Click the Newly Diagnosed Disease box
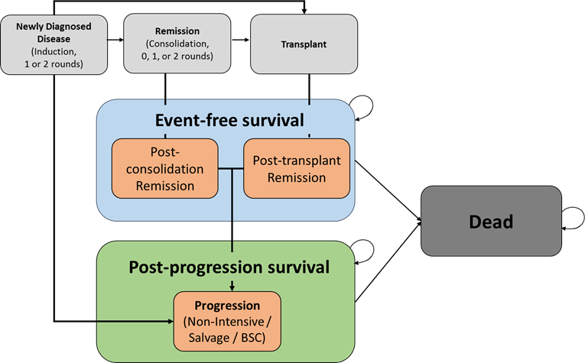click(x=54, y=43)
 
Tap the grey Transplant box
click(x=304, y=44)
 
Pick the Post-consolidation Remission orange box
click(x=165, y=168)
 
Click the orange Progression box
click(x=227, y=320)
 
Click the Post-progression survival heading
click(x=229, y=267)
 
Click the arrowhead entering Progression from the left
click(x=169, y=320)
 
